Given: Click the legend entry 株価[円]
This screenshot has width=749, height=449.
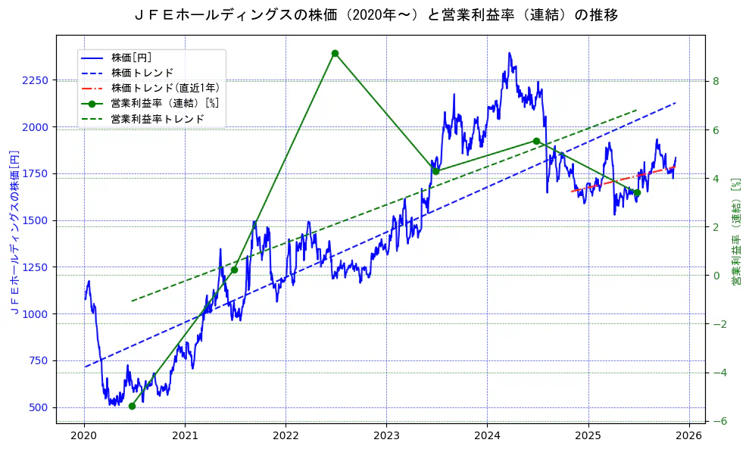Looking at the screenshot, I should pyautogui.click(x=131, y=58).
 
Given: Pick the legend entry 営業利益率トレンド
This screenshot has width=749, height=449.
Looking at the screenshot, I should pyautogui.click(x=158, y=119).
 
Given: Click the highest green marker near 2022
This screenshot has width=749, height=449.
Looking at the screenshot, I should pyautogui.click(x=335, y=53).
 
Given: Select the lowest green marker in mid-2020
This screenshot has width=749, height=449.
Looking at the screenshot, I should pyautogui.click(x=132, y=406).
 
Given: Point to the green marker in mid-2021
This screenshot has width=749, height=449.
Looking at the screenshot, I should pyautogui.click(x=234, y=270).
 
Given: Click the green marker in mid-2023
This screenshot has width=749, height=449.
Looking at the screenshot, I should pyautogui.click(x=435, y=171).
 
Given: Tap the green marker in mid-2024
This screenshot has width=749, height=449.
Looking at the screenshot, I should pyautogui.click(x=536, y=141).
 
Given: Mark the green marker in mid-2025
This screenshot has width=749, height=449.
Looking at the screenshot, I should pyautogui.click(x=637, y=192).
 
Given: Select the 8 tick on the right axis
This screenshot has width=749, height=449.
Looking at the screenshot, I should pyautogui.click(x=716, y=81).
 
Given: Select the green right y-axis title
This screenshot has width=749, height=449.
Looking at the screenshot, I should pyautogui.click(x=735, y=231).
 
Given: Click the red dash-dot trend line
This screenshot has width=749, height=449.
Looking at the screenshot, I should pyautogui.click(x=621, y=178).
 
